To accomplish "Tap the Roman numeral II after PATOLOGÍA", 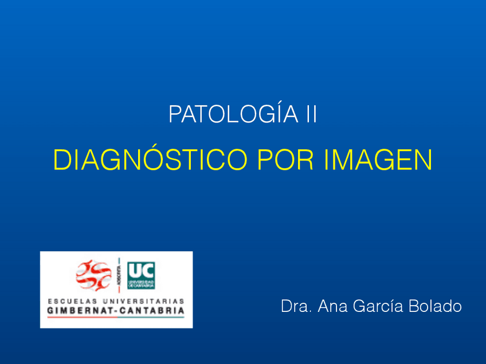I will (x=308, y=114).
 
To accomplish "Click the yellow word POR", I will (x=284, y=160).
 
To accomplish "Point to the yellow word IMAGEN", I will (x=378, y=160).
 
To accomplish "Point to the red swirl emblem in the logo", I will (x=93, y=275).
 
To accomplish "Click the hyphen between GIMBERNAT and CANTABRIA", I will (x=119, y=311).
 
